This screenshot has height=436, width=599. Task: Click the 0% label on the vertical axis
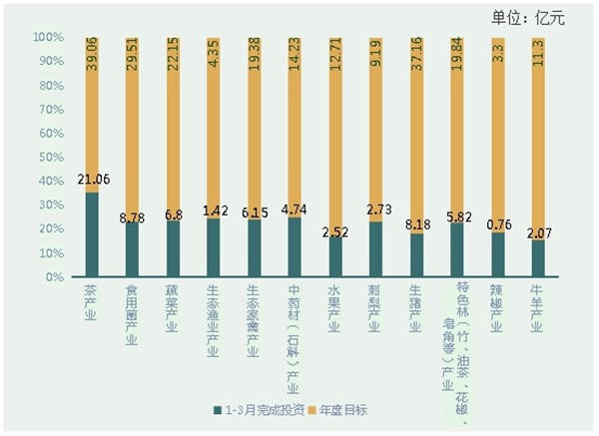pyautogui.click(x=55, y=276)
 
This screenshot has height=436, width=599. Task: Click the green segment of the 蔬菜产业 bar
pyautogui.click(x=174, y=249)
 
